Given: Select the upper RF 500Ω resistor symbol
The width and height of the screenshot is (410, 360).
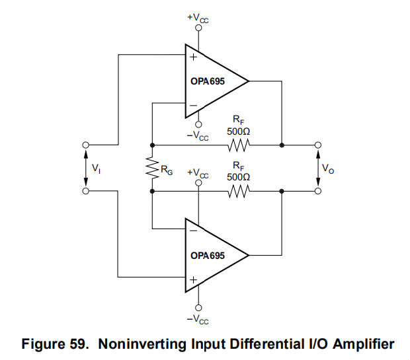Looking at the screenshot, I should point(238,145).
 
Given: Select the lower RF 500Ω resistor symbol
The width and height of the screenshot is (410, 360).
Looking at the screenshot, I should point(238,192).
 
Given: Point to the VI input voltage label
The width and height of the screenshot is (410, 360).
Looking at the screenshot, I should point(97,168).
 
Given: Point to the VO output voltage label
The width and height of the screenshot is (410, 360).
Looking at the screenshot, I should point(329,168).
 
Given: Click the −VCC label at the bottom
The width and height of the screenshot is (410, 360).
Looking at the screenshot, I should point(198,319).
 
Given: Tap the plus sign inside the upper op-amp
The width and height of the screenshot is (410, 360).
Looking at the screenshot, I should point(194,57).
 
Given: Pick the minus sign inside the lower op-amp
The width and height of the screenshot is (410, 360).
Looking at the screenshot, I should point(194,231).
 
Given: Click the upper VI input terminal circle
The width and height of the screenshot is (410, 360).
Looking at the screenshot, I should point(85,145).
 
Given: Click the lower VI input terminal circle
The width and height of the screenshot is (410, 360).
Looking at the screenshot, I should point(85,192).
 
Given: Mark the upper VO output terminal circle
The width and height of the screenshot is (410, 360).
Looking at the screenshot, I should point(318,145).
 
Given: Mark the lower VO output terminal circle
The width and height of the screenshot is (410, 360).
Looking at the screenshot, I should point(318,192).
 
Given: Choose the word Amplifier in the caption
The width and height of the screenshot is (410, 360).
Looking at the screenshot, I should point(359,343).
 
